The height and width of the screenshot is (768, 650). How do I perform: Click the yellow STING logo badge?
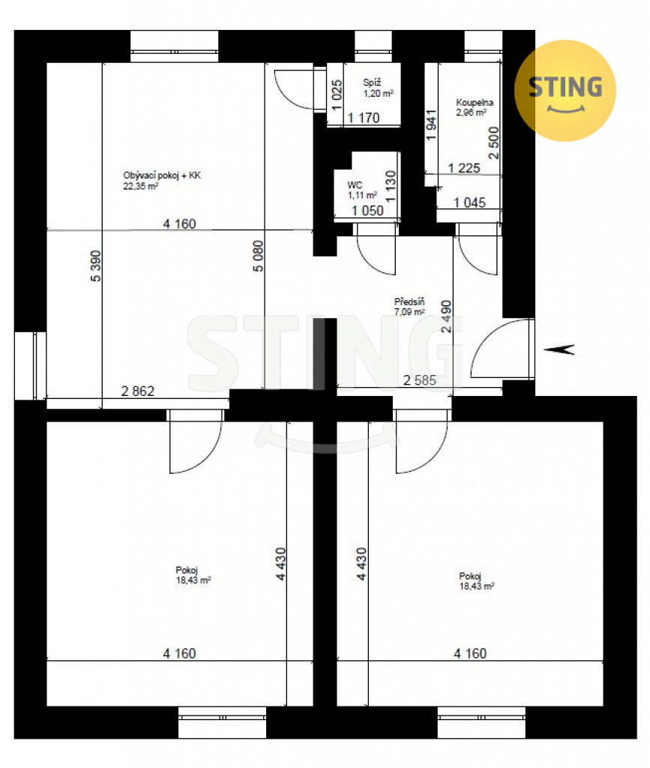click(x=565, y=91)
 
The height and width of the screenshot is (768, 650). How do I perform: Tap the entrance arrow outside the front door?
click(x=559, y=349)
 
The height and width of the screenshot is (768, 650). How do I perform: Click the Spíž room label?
click(x=372, y=82)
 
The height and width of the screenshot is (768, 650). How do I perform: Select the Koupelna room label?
click(x=475, y=102)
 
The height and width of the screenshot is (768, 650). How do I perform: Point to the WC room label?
click(x=355, y=185)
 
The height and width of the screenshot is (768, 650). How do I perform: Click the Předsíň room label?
click(x=409, y=301)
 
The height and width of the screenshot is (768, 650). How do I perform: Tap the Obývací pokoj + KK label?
click(x=161, y=175)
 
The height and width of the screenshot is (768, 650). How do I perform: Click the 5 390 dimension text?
click(x=95, y=266)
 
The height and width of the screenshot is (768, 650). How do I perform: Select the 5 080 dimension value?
click(x=258, y=256)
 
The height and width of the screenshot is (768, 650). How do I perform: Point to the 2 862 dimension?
click(x=137, y=391)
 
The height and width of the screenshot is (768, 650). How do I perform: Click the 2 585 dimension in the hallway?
click(x=420, y=380)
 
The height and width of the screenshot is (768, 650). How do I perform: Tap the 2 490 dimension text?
click(x=446, y=316)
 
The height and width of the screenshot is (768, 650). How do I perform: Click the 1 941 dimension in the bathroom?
click(x=431, y=125)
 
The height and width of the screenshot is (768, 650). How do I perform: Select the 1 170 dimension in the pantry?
click(x=363, y=118)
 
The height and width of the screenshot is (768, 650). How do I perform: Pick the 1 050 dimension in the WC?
click(x=367, y=211)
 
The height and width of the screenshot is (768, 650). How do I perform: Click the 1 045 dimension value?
click(x=469, y=202)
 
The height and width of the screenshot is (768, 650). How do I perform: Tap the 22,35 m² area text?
click(x=140, y=186)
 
